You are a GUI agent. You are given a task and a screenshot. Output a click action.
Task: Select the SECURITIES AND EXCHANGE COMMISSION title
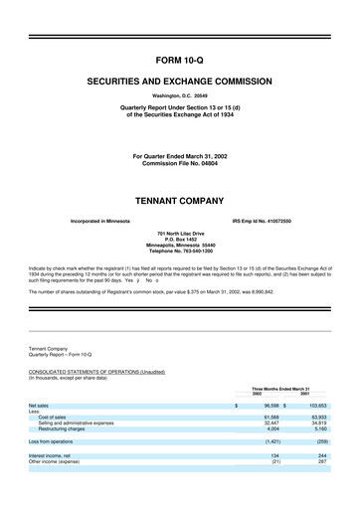pyautogui.click(x=179, y=77)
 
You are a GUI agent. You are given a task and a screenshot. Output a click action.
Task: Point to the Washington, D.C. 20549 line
pyautogui.click(x=179, y=95)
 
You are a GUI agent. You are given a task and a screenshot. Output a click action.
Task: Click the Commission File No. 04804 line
pyautogui.click(x=179, y=149)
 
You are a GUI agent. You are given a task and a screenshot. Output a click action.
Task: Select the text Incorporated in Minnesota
pyautogui.click(x=101, y=193)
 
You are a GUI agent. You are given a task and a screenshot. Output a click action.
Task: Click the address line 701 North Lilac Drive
pyautogui.click(x=179, y=206)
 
